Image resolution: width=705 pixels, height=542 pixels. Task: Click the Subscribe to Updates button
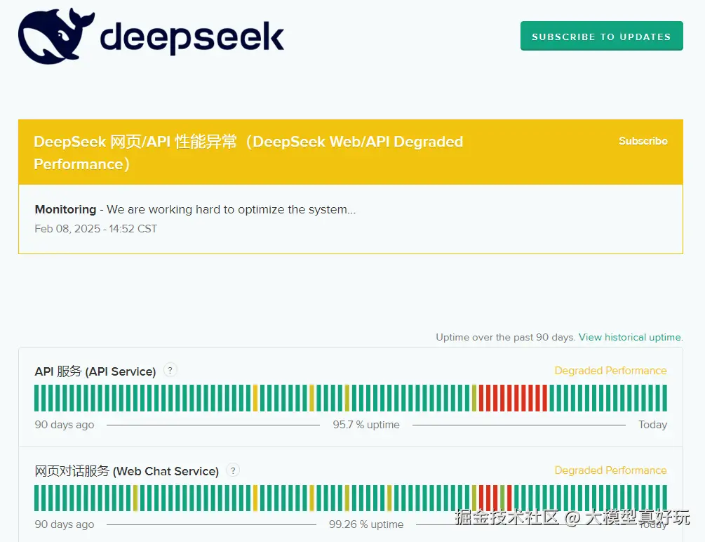601,37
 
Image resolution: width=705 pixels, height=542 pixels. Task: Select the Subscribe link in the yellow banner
643,141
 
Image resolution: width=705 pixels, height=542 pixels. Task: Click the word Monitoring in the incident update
65,209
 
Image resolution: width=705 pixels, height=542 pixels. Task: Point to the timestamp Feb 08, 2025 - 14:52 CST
95,229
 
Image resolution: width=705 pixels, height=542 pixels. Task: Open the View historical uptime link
630,337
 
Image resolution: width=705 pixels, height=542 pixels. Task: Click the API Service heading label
95,371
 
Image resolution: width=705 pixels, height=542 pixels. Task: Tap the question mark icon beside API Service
170,370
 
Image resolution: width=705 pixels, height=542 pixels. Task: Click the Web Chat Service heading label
126,471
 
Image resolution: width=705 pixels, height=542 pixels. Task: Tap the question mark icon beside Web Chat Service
234,470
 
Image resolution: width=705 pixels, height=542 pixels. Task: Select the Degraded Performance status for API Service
610,371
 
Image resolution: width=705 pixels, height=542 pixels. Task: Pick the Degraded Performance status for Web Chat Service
610,470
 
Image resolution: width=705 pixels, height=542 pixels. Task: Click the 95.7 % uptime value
365,425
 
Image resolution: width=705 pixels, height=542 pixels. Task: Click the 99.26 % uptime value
365,524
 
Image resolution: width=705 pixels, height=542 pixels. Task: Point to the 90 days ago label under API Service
65,425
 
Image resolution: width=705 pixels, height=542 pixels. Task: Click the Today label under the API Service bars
652,425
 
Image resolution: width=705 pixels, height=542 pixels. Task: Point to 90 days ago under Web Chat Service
65,524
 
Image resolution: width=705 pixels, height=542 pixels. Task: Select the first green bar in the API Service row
37,398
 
